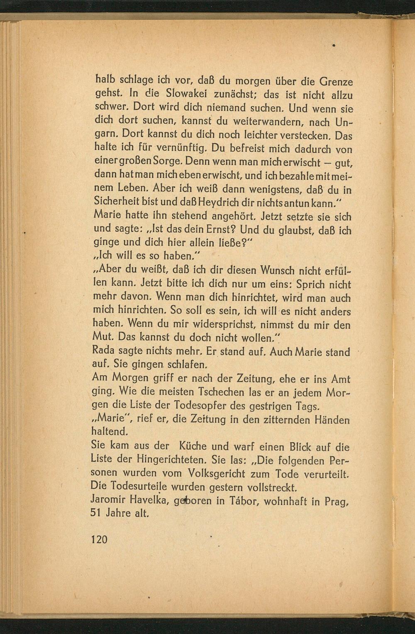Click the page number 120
pos(99,539)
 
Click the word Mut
pos(103,338)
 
